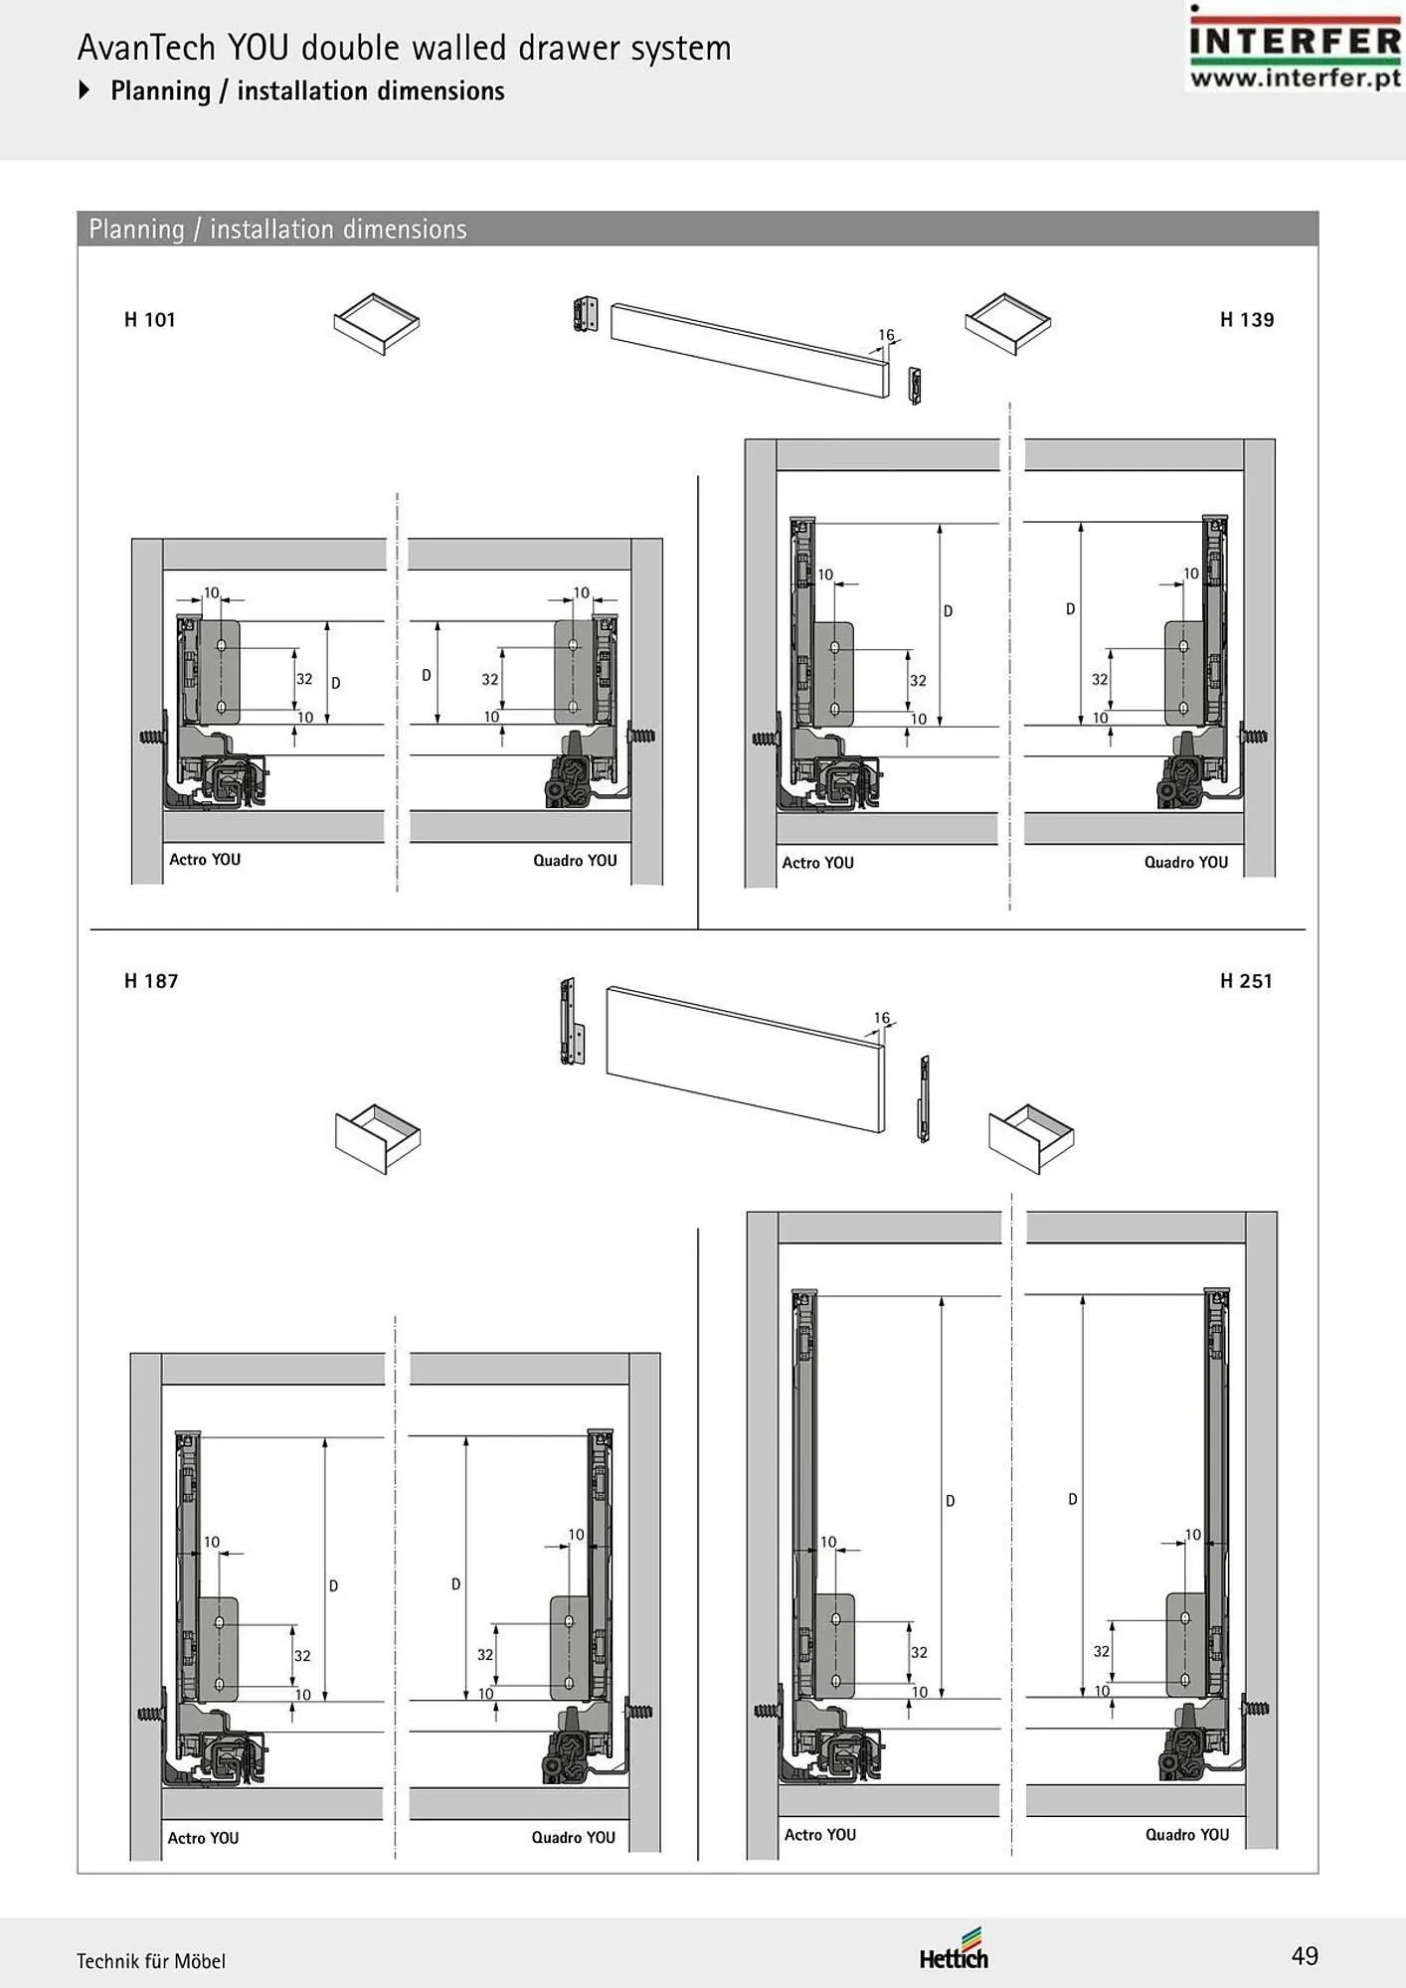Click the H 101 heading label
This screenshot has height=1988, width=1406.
tap(149, 320)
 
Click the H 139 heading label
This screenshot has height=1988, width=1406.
tap(1247, 320)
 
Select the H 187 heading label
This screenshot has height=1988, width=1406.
tap(151, 981)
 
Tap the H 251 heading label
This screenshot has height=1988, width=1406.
tap(1246, 981)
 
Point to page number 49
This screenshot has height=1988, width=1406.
tap(1305, 1956)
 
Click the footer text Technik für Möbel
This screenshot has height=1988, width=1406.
tap(151, 1961)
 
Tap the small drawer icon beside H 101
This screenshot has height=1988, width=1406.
tap(376, 323)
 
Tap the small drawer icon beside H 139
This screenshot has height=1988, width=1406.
tap(1007, 323)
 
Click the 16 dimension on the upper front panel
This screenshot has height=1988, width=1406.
tap(886, 335)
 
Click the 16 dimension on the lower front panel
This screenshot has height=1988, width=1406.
tap(882, 1018)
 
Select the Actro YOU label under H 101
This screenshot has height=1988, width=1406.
tap(205, 860)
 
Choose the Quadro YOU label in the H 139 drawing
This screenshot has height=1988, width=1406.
tap(1186, 863)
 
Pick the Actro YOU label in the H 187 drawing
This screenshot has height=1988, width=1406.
tap(203, 1838)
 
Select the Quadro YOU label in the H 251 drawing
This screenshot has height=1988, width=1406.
tap(1187, 1835)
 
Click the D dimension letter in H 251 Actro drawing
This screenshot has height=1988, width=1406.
tap(950, 1501)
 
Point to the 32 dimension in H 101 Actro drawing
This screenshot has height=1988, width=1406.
tap(304, 679)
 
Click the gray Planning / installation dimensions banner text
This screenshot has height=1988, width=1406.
tap(277, 230)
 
